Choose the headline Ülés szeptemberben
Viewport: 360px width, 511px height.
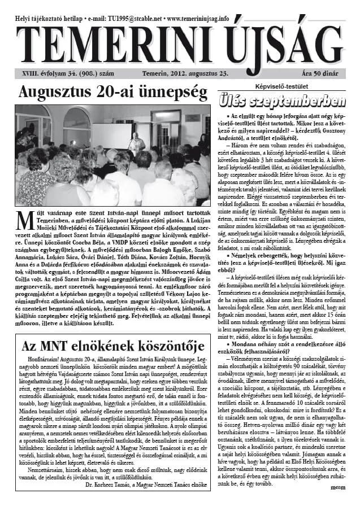[289, 102]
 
